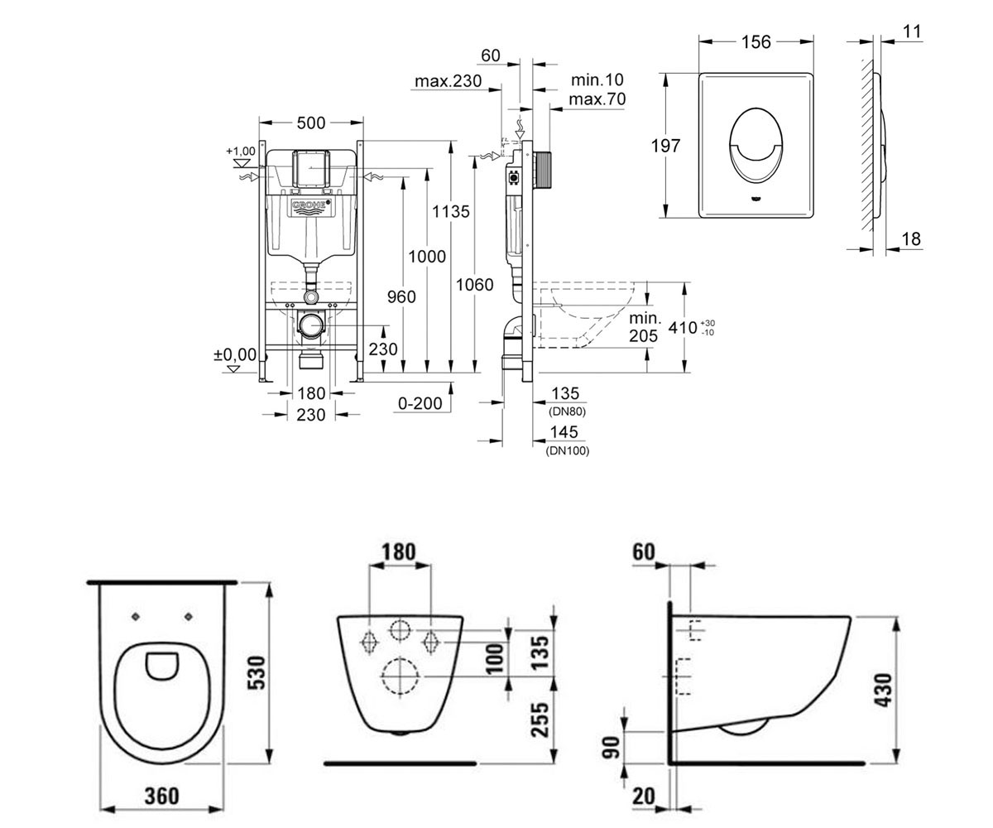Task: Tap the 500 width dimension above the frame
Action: [x=311, y=123]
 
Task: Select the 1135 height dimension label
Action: [x=450, y=211]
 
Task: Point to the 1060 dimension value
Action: [x=475, y=285]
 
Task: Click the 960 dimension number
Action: [x=401, y=297]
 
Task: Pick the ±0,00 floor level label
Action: [x=235, y=354]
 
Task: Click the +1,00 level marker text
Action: [x=241, y=152]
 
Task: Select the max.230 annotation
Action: [x=448, y=81]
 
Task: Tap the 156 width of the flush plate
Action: [x=756, y=42]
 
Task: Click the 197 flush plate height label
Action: [x=666, y=146]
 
